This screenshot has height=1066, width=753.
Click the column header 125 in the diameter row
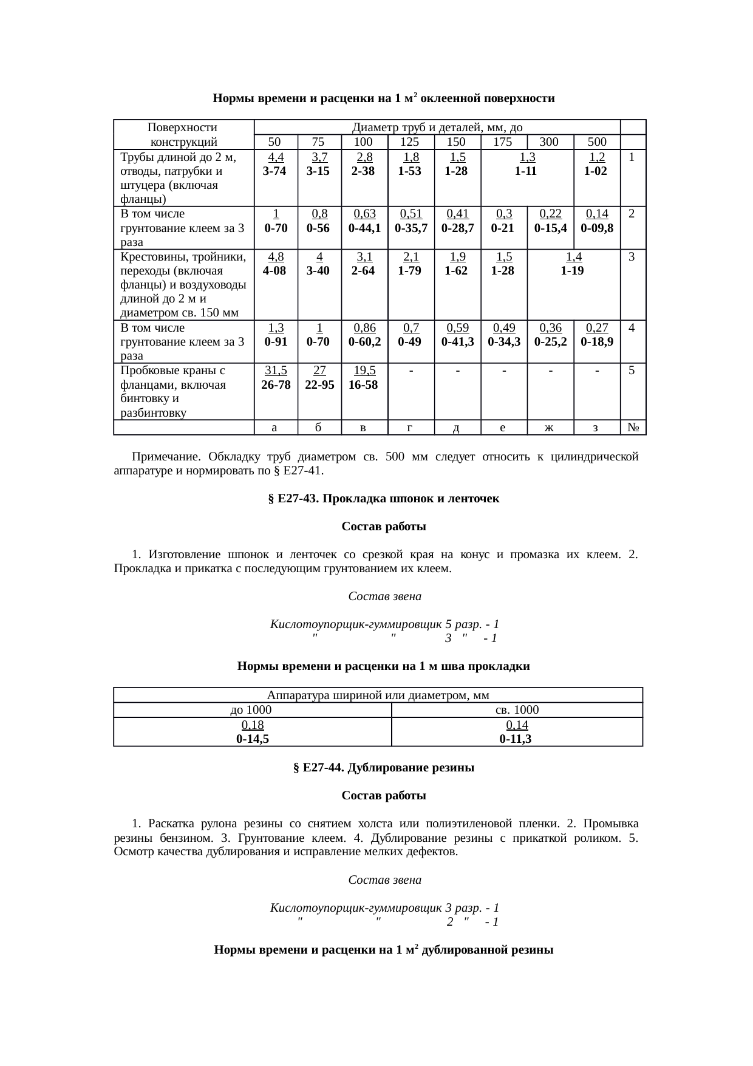[411, 142]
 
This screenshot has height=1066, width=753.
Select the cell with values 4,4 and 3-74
[275, 164]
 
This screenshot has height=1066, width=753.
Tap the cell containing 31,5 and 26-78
[275, 377]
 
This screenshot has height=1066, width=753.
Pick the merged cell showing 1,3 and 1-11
[526, 164]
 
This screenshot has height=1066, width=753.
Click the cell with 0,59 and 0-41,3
[457, 335]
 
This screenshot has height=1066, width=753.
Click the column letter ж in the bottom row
[550, 428]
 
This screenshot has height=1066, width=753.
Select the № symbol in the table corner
[632, 428]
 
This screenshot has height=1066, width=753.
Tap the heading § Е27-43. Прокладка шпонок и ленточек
[383, 499]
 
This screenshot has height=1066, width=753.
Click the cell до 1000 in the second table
[251, 710]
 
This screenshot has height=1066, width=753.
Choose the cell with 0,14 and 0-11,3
[516, 731]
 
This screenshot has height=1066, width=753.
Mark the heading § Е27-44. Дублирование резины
[383, 768]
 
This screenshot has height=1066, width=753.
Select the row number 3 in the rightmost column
[632, 257]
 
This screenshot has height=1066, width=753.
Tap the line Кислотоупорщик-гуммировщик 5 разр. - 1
[384, 624]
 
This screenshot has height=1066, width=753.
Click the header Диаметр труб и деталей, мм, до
[437, 128]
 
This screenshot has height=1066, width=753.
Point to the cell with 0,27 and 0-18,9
[596, 335]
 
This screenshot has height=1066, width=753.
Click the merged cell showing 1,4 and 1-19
[573, 264]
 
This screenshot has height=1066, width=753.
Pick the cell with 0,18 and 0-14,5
[253, 731]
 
